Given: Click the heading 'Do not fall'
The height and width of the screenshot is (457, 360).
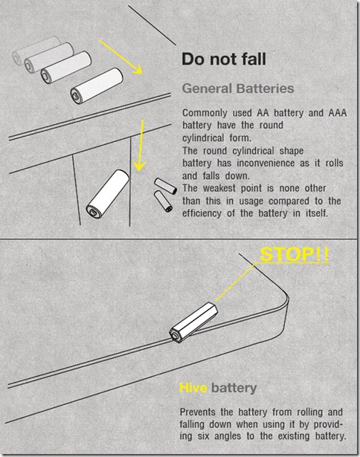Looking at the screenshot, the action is (x=224, y=59).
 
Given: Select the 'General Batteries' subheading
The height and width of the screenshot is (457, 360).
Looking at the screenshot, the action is (x=238, y=88).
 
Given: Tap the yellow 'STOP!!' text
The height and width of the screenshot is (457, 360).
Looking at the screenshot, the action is (x=294, y=254).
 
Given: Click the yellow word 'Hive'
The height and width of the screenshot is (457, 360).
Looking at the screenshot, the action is (x=193, y=388).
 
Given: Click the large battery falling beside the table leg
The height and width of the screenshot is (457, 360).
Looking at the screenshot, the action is (x=108, y=194).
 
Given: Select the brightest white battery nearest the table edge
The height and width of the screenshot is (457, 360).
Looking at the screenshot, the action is (x=97, y=85).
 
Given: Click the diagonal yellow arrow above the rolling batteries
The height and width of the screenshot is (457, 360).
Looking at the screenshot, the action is (x=120, y=57).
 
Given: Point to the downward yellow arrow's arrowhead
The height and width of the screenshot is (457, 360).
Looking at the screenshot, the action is (x=139, y=166).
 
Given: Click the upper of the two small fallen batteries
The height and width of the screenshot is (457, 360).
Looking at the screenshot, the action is (x=165, y=186).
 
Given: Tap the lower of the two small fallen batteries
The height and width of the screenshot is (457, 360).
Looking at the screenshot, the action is (x=163, y=201).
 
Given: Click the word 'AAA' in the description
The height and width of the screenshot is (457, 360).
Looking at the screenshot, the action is (x=338, y=113).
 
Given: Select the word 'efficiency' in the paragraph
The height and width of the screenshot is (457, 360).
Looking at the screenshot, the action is (x=202, y=213).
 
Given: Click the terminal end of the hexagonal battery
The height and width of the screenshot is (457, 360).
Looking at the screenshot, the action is (x=175, y=337).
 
